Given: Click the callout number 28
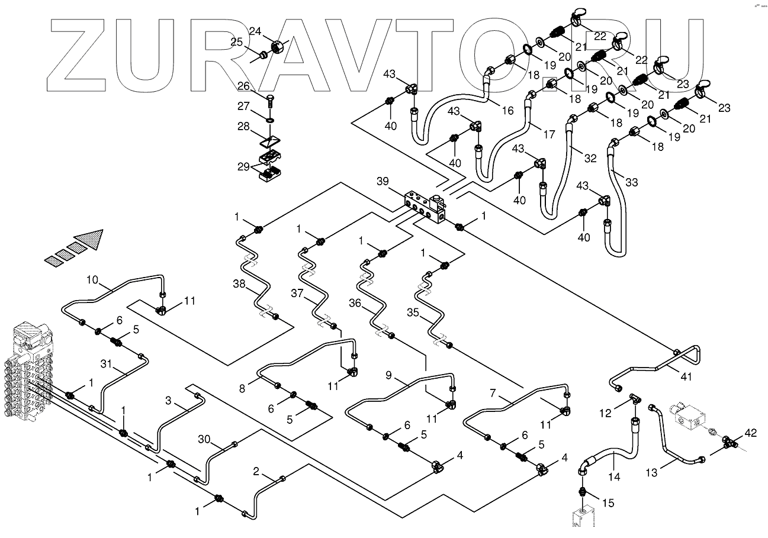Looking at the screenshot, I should click(x=243, y=128).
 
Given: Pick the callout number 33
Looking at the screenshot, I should click(x=631, y=182).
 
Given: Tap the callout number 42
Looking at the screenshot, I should click(x=750, y=433).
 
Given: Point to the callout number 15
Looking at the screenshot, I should click(x=608, y=502).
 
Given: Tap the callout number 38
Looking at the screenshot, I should click(x=239, y=284).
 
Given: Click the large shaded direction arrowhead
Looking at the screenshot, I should click(x=94, y=238).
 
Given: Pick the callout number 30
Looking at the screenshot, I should click(x=204, y=439).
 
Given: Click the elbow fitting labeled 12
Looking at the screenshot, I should click(x=634, y=400).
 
